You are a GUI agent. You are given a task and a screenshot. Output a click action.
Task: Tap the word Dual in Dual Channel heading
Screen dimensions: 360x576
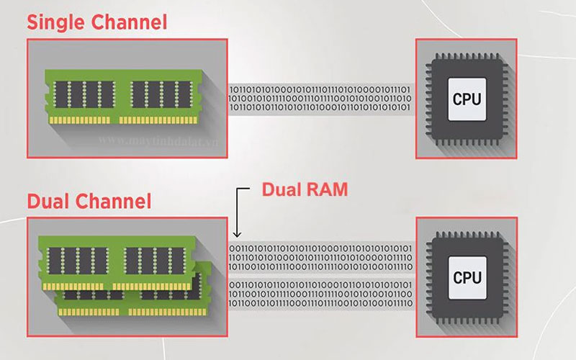pos(51,200)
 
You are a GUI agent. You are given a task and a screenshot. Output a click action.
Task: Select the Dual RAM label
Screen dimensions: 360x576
pos(305,190)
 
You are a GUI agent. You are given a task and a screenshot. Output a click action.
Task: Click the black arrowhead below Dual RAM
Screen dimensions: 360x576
pos(238,234)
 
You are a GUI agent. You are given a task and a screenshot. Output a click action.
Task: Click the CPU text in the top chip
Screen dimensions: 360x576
pos(467,99)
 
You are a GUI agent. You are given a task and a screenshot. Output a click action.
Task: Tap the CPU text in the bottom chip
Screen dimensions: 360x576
pos(467,277)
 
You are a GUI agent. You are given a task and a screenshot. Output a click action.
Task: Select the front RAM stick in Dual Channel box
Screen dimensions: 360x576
pos(115,264)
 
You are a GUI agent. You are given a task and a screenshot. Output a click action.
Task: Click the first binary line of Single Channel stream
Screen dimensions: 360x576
pos(320,89)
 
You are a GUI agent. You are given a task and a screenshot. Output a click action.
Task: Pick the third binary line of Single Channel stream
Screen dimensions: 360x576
pos(320,108)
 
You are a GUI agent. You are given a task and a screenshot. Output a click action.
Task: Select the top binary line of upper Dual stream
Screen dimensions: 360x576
pos(320,248)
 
